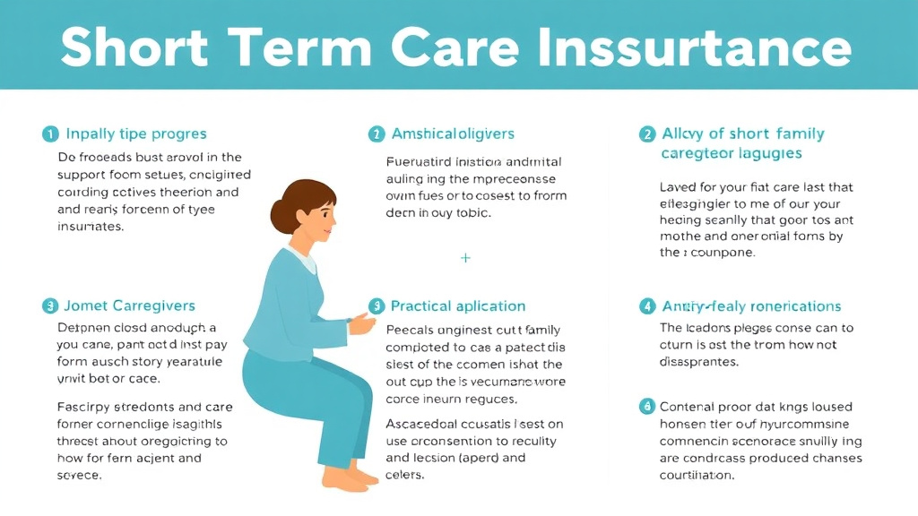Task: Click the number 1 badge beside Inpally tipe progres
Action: [x=49, y=134]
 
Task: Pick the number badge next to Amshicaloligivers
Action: [x=376, y=134]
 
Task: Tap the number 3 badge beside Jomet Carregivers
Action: [x=49, y=306]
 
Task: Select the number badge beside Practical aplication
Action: [x=376, y=306]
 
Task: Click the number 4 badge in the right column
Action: [x=646, y=306]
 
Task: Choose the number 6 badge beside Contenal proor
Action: [x=646, y=407]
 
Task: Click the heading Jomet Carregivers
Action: [x=130, y=306]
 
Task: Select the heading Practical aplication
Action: [x=458, y=306]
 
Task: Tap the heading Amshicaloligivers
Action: [x=453, y=134]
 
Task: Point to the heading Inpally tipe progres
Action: [x=136, y=134]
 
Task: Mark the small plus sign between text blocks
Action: [x=465, y=257]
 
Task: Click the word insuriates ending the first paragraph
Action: [x=91, y=227]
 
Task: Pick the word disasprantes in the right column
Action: [x=699, y=363]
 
